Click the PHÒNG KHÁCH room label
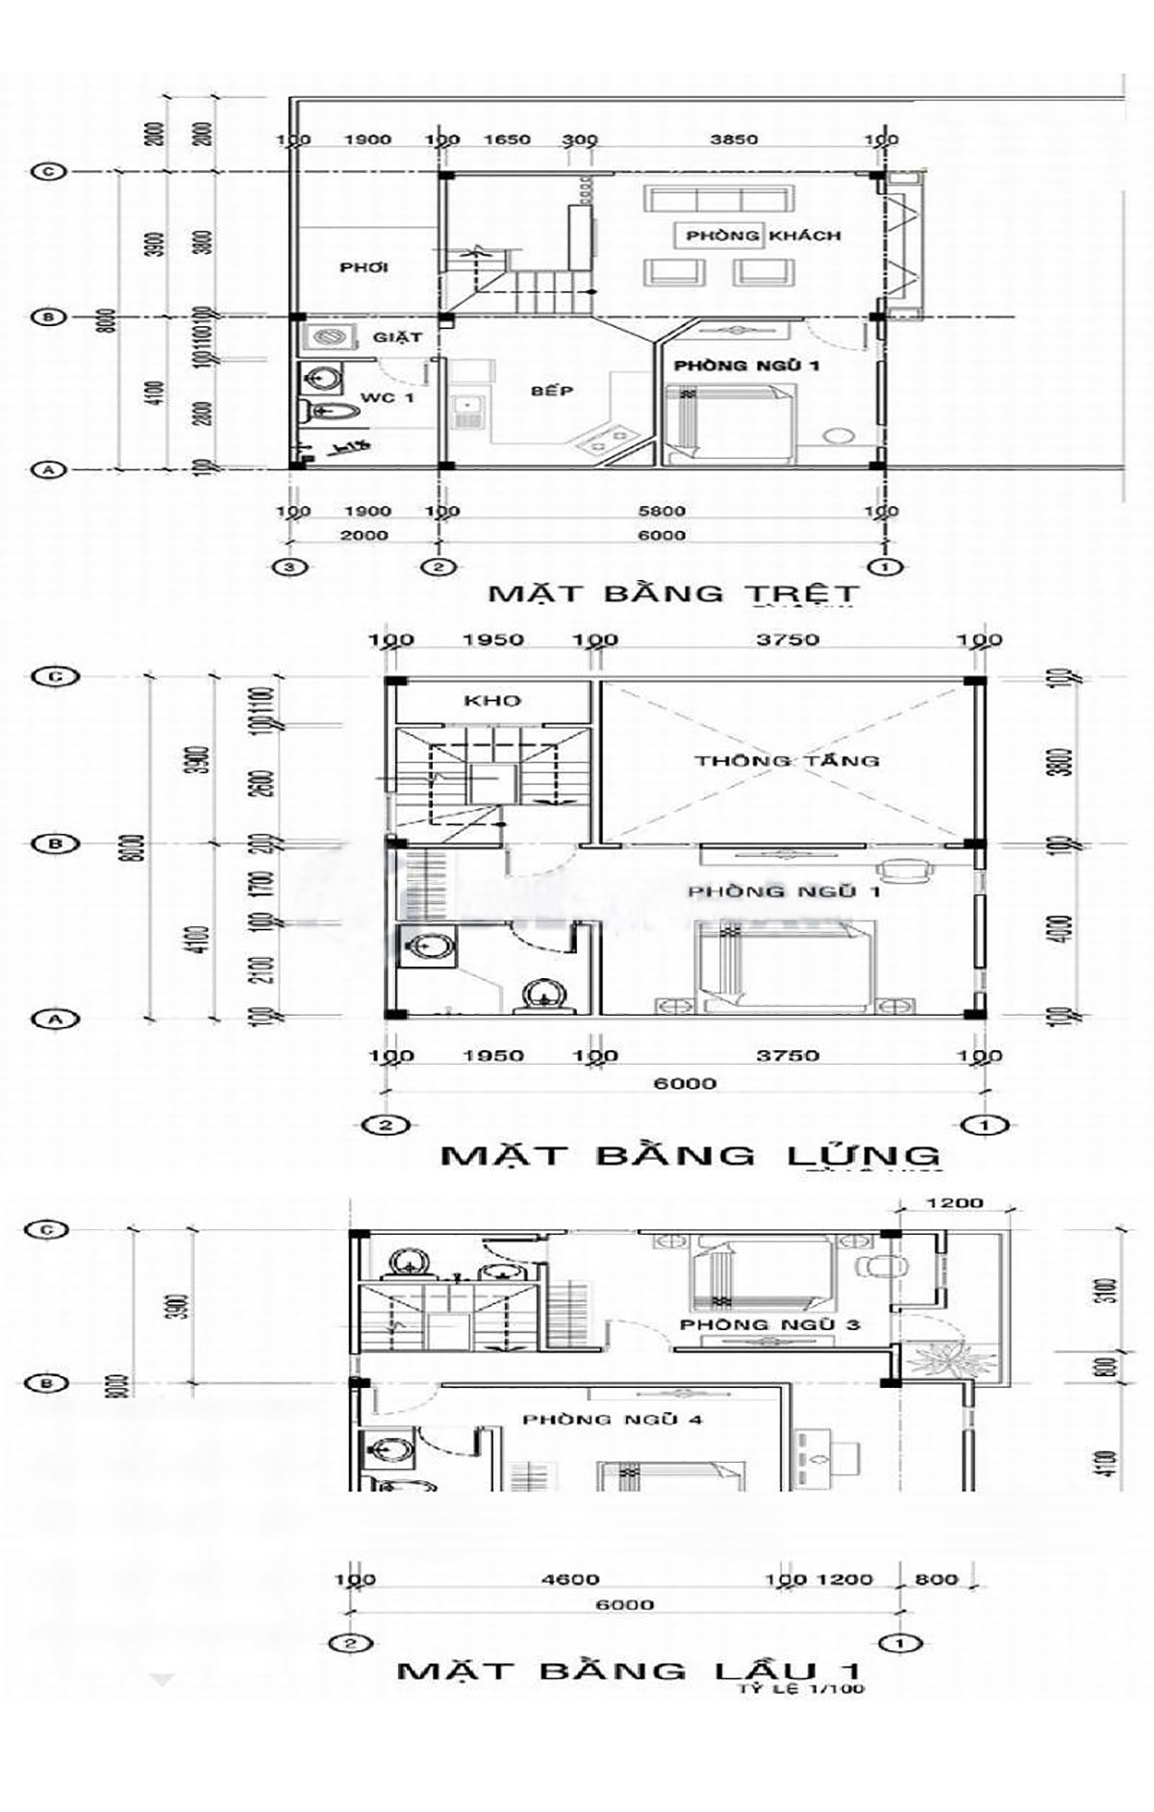coord(764,236)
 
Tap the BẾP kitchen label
coord(552,390)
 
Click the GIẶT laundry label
coord(397,338)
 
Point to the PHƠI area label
coord(364,267)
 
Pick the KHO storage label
coord(492,700)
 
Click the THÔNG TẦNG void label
coord(787,761)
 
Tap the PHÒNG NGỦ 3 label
coord(769,1325)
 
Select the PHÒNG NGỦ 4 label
coord(606,1420)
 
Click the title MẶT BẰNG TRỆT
coord(673,592)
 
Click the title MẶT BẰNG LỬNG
coord(690,1154)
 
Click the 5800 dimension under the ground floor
coord(662,512)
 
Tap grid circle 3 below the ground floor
coord(291,566)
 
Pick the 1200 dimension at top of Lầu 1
coord(957,1202)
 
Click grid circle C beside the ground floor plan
coord(47,172)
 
